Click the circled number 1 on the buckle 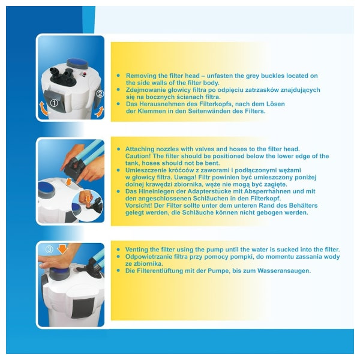click(x=54, y=103)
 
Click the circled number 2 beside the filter click(x=100, y=94)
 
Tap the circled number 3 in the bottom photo click(x=49, y=249)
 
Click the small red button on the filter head click(x=85, y=74)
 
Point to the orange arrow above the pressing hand click(x=62, y=249)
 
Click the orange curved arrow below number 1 click(x=44, y=109)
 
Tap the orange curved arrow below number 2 click(x=100, y=112)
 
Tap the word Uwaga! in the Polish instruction click(x=185, y=177)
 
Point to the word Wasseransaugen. click(x=284, y=271)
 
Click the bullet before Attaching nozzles click(x=118, y=149)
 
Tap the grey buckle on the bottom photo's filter click(x=83, y=308)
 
